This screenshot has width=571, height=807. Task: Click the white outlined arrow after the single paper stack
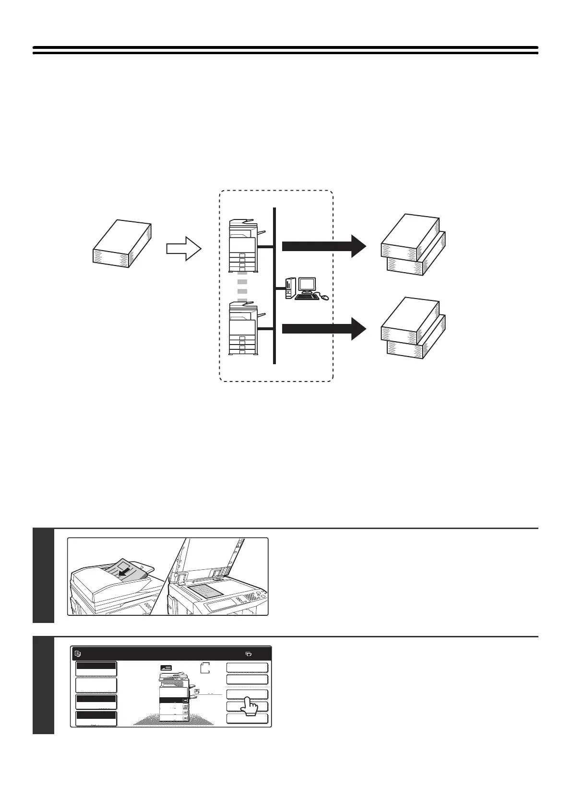(184, 248)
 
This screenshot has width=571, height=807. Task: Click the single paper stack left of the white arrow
(122, 243)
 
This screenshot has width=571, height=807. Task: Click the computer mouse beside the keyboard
(325, 298)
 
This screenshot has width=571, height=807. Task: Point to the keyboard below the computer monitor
(307, 297)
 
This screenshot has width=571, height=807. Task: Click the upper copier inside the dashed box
(246, 246)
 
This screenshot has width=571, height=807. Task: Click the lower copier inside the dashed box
(246, 329)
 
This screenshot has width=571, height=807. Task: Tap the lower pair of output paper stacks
(414, 328)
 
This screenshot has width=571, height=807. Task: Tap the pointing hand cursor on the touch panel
(249, 705)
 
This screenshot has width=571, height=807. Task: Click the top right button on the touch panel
(247, 668)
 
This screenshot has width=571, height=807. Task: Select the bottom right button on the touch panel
(247, 719)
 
